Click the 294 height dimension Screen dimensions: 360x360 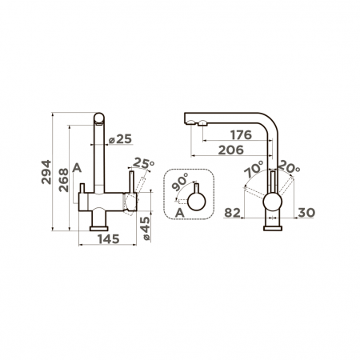point(46,172)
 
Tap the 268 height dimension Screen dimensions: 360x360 point(64,180)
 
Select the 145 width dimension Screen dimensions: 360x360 point(109,239)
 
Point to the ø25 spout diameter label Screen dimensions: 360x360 point(121,139)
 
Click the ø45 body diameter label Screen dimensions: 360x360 point(146,228)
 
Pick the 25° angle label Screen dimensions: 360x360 point(143,163)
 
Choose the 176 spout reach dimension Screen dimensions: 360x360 point(241,135)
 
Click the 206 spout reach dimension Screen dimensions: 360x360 point(231,150)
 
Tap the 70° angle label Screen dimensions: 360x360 point(254,169)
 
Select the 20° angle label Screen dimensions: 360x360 point(289,167)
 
